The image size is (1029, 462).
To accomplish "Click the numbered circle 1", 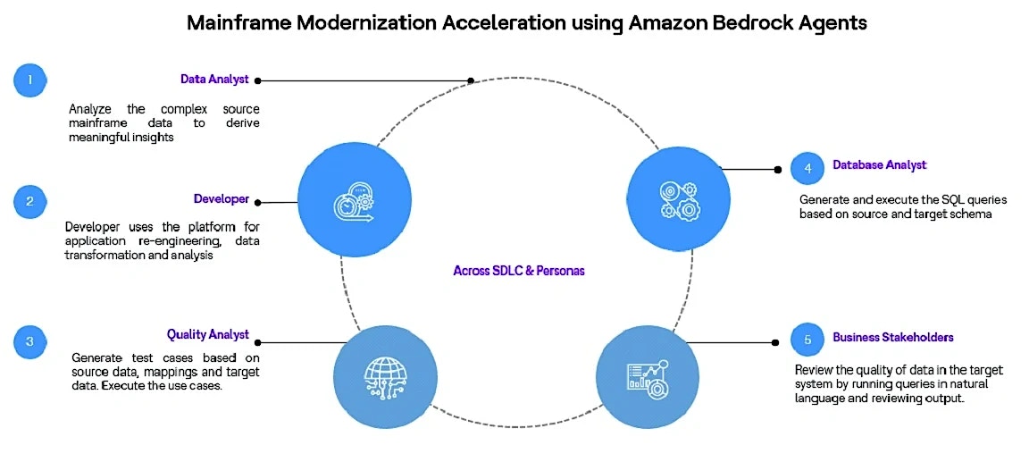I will [x=29, y=80].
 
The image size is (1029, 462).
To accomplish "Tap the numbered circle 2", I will [x=29, y=201].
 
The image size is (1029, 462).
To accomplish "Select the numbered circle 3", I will [x=29, y=340].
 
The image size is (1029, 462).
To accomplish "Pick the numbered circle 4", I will [x=807, y=168].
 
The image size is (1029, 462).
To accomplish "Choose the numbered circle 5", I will [x=807, y=340].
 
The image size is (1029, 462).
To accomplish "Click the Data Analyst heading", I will [x=214, y=80].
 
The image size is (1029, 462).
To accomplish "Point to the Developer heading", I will [x=222, y=199].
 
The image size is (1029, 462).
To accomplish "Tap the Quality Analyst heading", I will [x=208, y=335].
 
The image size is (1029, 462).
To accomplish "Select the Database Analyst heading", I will [x=880, y=164].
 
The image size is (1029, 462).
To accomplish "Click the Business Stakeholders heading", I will [x=893, y=337].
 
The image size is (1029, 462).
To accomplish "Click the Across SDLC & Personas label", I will [x=518, y=270].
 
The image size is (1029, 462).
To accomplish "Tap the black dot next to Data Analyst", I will [x=258, y=80].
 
